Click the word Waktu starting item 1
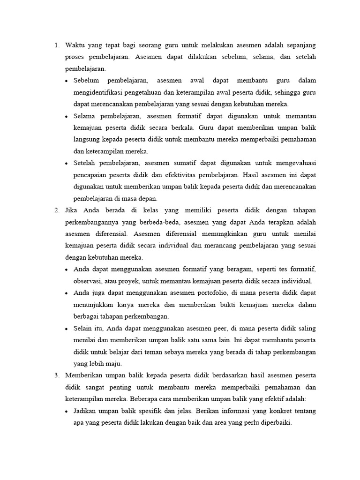[76, 45]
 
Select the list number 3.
[56, 376]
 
